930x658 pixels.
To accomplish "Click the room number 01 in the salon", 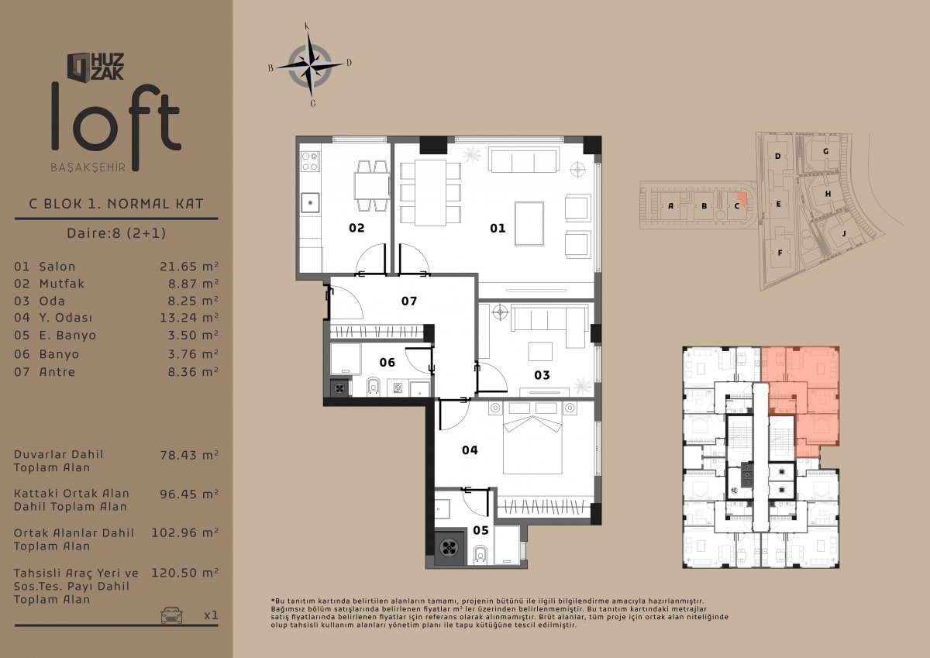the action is (x=498, y=228).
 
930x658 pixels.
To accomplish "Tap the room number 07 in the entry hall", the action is (x=409, y=301).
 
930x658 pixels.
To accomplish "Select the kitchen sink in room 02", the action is (x=310, y=202).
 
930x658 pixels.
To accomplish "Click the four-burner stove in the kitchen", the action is (x=310, y=161).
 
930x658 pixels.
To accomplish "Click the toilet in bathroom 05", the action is (x=480, y=556).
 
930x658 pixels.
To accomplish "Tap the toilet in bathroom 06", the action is (x=374, y=387).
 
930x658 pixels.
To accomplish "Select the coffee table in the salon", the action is (x=529, y=224).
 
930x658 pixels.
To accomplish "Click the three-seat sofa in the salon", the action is (x=522, y=159).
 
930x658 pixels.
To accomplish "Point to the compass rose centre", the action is (x=310, y=65).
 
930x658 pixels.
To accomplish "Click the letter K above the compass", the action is (x=307, y=26).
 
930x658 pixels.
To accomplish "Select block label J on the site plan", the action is (x=844, y=234).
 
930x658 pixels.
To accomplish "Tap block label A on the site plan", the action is (x=670, y=206).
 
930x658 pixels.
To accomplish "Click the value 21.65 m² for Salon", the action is (x=189, y=266).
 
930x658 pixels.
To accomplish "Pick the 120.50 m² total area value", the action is (x=184, y=573).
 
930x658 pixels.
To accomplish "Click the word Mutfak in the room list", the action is (x=61, y=284).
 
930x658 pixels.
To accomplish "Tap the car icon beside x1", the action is (x=171, y=615).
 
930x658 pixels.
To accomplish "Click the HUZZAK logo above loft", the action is (x=95, y=67).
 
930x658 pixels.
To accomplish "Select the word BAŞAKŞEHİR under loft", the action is (x=88, y=167).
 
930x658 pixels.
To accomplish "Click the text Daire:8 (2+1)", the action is (x=116, y=233).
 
